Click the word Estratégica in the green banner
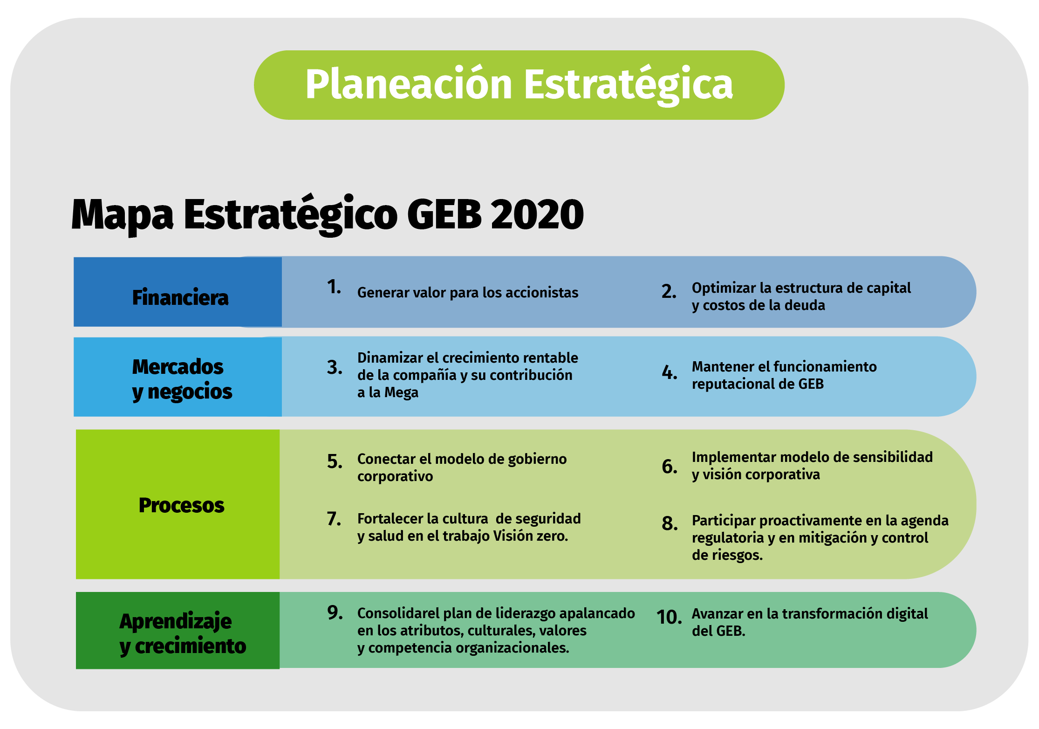[629, 84]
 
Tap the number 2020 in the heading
[537, 214]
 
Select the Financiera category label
[180, 297]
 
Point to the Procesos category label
[182, 505]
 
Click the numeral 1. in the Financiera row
[334, 287]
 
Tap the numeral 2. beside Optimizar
[669, 291]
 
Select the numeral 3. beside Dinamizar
[335, 367]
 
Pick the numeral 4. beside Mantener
[670, 372]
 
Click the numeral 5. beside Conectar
[335, 461]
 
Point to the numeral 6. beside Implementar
[670, 466]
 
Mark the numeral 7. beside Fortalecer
[334, 518]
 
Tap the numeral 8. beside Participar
[670, 523]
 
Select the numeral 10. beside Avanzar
[669, 617]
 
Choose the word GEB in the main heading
[444, 214]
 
